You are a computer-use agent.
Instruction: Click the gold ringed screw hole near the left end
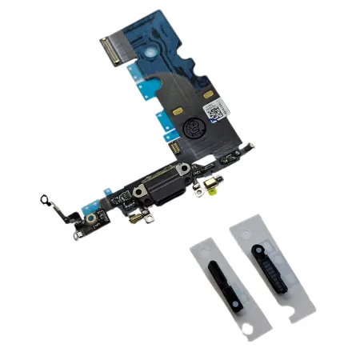click(94, 217)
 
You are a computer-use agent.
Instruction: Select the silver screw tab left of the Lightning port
click(138, 192)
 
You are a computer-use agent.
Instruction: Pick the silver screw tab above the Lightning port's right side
click(184, 169)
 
